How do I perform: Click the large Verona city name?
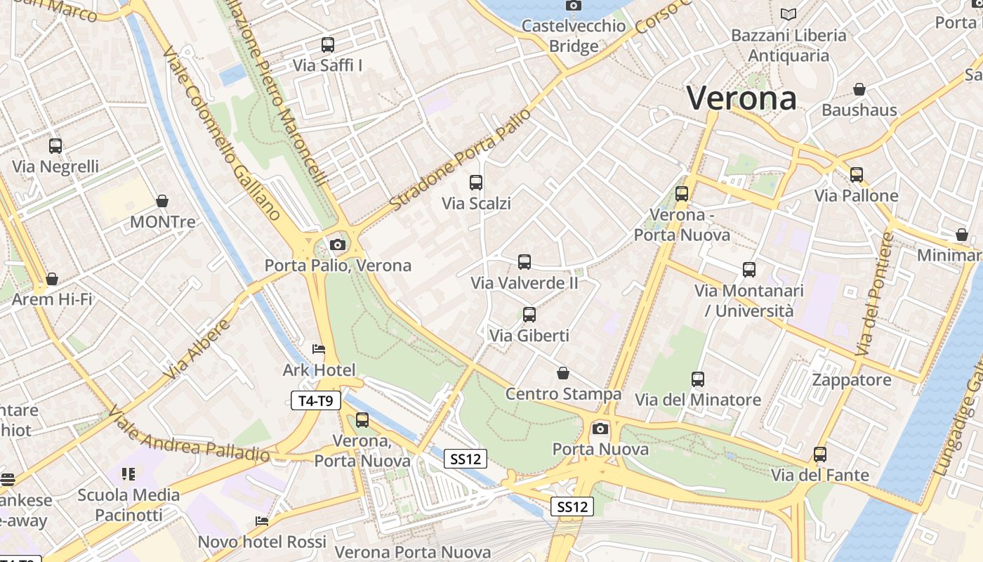pyautogui.click(x=741, y=98)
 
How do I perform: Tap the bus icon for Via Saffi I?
pyautogui.click(x=328, y=45)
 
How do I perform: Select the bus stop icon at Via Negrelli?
pyautogui.click(x=55, y=146)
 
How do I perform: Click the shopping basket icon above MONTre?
pyautogui.click(x=162, y=201)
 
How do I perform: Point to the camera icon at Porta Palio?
pyautogui.click(x=338, y=244)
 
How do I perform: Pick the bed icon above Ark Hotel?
pyautogui.click(x=319, y=349)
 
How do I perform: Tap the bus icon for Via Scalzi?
pyautogui.click(x=476, y=183)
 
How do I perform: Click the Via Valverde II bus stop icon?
pyautogui.click(x=525, y=262)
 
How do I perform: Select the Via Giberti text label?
pyautogui.click(x=529, y=336)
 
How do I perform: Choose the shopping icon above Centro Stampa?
pyautogui.click(x=562, y=372)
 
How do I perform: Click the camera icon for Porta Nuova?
pyautogui.click(x=600, y=428)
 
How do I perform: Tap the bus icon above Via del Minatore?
pyautogui.click(x=698, y=379)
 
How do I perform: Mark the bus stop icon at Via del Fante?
pyautogui.click(x=820, y=455)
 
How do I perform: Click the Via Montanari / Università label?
pyautogui.click(x=748, y=300)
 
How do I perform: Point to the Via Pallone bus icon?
pyautogui.click(x=857, y=175)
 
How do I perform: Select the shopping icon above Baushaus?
pyautogui.click(x=859, y=89)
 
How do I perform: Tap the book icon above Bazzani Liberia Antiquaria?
pyautogui.click(x=789, y=14)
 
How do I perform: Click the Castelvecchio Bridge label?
pyautogui.click(x=574, y=36)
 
